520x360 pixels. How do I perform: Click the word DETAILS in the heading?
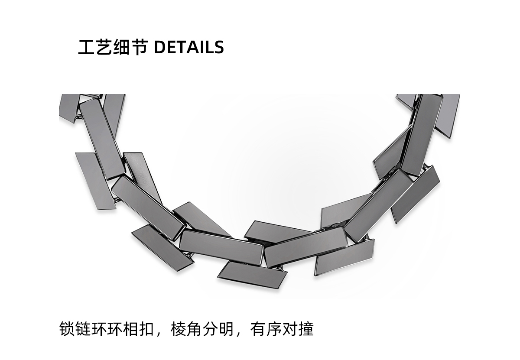click(x=189, y=47)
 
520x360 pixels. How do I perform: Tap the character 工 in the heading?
click(x=86, y=47)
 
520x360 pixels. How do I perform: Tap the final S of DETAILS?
click(x=219, y=47)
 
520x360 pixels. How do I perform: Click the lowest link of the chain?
click(x=252, y=274)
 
